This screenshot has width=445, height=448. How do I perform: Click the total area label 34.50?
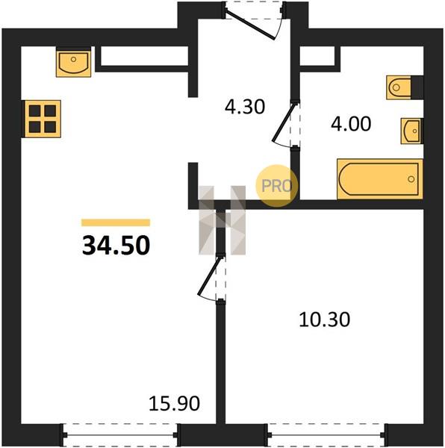(x=116, y=245)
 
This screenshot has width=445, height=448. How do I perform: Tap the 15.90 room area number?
(x=174, y=403)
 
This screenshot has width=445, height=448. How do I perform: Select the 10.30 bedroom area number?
(x=325, y=320)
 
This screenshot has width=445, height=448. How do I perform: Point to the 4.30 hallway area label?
(x=245, y=107)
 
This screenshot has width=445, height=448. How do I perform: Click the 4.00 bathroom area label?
(x=351, y=124)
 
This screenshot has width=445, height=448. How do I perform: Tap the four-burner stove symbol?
(x=43, y=119)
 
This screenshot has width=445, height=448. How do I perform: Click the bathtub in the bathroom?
(x=380, y=179)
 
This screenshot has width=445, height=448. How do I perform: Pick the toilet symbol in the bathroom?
(x=399, y=87)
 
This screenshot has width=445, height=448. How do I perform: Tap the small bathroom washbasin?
(x=411, y=131)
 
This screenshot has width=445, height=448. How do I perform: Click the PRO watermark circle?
(x=277, y=186)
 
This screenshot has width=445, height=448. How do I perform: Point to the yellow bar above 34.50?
(x=116, y=223)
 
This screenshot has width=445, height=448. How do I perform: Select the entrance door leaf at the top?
(x=250, y=24)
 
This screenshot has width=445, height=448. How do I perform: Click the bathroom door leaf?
(x=283, y=122)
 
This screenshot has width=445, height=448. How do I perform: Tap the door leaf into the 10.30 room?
(x=209, y=275)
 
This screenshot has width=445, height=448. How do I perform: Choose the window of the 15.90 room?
(x=120, y=435)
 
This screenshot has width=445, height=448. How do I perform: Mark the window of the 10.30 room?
(x=326, y=435)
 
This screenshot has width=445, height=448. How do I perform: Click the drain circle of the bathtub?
(x=411, y=179)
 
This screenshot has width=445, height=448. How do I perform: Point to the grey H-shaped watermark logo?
(x=222, y=220)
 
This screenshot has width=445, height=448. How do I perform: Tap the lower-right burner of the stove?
(x=50, y=127)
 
